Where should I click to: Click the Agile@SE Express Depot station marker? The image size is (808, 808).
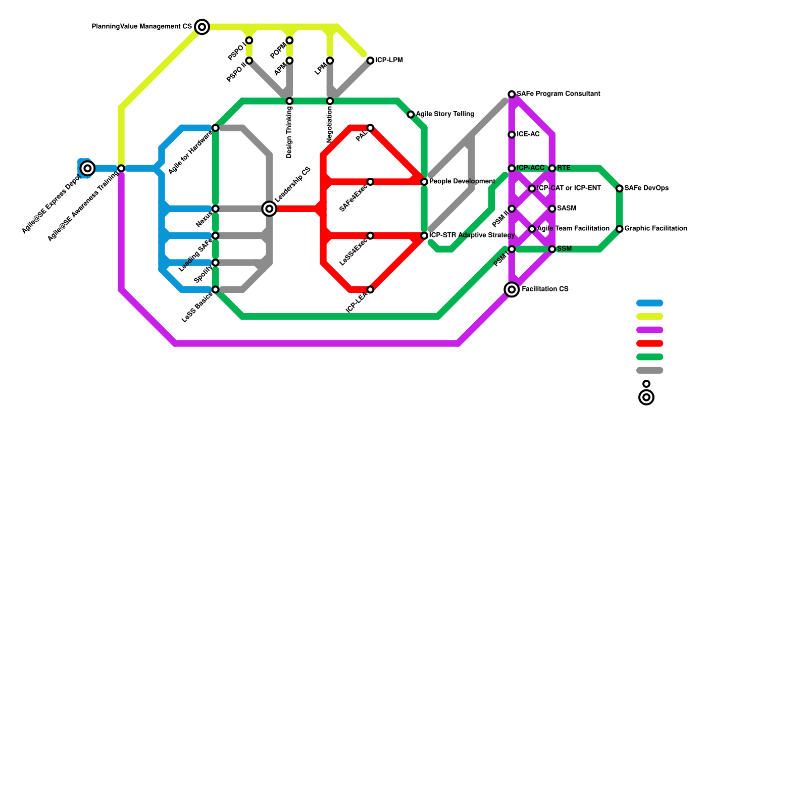coord(88,168)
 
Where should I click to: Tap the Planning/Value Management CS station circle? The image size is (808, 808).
coord(202,27)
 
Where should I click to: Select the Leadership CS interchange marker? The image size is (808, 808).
coord(270,209)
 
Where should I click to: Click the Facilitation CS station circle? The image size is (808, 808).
coord(512,289)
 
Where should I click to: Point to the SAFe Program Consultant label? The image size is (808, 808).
coord(558,94)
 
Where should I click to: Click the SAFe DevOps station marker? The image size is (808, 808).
coord(620,188)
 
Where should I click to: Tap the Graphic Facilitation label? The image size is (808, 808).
coord(655,229)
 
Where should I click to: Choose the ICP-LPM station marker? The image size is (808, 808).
coord(371,61)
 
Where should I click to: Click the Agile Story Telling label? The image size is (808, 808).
coord(445,114)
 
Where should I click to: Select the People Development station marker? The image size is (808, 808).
coord(424,182)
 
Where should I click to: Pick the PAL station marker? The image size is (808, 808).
coord(371,128)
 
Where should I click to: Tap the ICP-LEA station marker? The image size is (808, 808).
coord(371,289)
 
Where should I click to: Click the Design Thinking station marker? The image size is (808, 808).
coord(289,101)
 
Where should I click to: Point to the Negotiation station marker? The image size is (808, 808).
coord(330,101)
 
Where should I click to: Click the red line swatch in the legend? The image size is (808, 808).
coord(649,343)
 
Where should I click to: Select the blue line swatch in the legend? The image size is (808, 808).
coord(649,303)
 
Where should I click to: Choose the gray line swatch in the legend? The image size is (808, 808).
coord(649,370)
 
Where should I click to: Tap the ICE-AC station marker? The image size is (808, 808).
coord(512,134)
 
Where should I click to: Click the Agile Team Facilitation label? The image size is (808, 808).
coord(573,229)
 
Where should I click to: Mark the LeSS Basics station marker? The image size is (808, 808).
coord(216,289)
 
